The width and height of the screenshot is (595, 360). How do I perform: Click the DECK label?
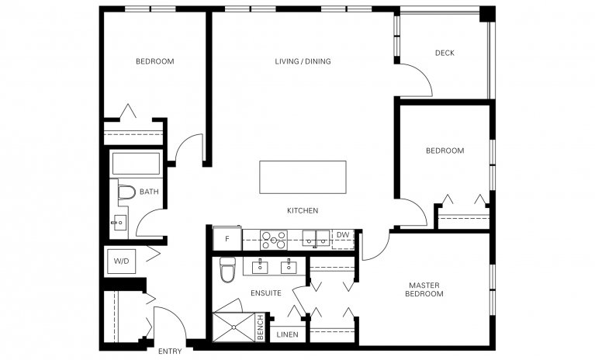tap(445, 54)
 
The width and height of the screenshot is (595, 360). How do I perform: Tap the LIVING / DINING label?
tap(303, 61)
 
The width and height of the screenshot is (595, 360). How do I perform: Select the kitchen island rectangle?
tap(303, 178)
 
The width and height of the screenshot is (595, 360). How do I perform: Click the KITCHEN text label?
tap(303, 211)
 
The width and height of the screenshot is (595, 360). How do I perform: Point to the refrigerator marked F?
tap(227, 239)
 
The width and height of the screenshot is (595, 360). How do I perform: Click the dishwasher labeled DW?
tap(342, 235)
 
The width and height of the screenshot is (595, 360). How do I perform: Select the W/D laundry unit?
tap(122, 261)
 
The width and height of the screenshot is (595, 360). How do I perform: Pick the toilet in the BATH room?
tap(126, 192)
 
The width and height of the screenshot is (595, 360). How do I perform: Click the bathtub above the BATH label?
tap(136, 164)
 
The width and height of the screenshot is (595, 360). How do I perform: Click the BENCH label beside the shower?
tap(261, 327)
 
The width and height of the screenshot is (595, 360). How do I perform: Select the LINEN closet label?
tap(286, 335)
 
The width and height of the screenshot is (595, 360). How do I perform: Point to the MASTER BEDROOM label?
tap(425, 290)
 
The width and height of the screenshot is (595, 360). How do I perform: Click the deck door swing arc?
tap(420, 78)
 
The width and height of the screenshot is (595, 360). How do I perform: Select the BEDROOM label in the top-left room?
tap(154, 61)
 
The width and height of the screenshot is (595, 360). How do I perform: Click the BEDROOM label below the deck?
tap(445, 151)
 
